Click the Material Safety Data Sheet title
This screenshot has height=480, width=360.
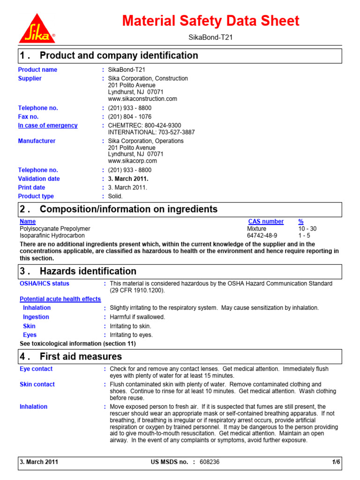(x=210, y=21)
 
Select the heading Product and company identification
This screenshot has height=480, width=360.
(x=119, y=56)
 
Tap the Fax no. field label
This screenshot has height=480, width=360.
(x=28, y=117)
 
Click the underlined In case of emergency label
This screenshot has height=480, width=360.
(x=48, y=126)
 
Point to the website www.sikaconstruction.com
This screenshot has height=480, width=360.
(x=142, y=99)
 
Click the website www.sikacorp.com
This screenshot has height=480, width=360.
(x=132, y=161)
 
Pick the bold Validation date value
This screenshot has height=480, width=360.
(x=128, y=179)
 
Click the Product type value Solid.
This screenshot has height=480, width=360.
(x=115, y=196)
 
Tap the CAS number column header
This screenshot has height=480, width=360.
(x=266, y=221)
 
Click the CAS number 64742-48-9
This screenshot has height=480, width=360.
(x=262, y=235)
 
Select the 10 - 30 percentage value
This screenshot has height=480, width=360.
(x=307, y=228)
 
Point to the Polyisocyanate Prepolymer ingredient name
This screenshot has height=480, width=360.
(x=55, y=228)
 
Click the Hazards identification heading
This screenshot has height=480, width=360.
(x=88, y=271)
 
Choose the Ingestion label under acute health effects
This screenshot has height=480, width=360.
(x=36, y=317)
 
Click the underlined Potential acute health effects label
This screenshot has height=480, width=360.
(x=60, y=299)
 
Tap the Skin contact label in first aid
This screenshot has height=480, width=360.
(x=37, y=384)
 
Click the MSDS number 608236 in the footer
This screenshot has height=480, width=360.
(x=209, y=462)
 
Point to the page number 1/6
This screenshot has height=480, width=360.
(x=336, y=462)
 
